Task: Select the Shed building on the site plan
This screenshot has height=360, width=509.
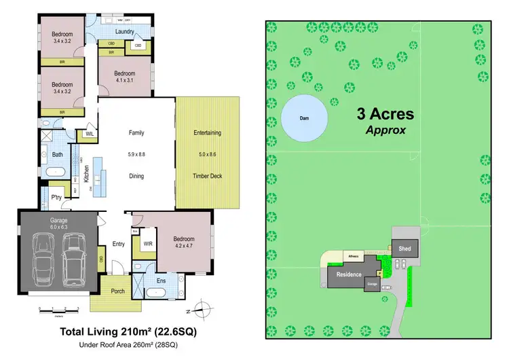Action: (405, 249)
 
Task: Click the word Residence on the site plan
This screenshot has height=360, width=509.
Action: (346, 275)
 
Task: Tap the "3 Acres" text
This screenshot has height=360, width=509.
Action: (385, 114)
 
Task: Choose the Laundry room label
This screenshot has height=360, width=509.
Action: (124, 31)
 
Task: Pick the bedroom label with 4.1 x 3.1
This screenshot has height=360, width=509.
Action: (125, 77)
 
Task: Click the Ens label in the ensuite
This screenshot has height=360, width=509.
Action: (161, 280)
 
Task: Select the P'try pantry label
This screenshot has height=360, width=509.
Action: (56, 198)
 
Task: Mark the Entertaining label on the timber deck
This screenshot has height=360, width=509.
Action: (208, 132)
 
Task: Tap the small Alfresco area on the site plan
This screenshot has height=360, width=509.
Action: (353, 257)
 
